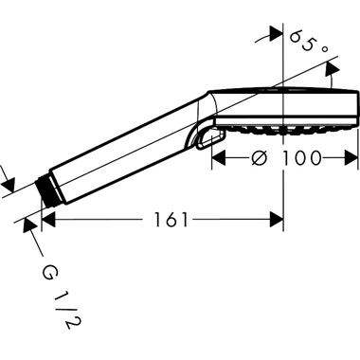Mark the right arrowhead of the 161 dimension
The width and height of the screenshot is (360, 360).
point(279,220)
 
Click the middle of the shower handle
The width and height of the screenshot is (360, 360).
point(123,152)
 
